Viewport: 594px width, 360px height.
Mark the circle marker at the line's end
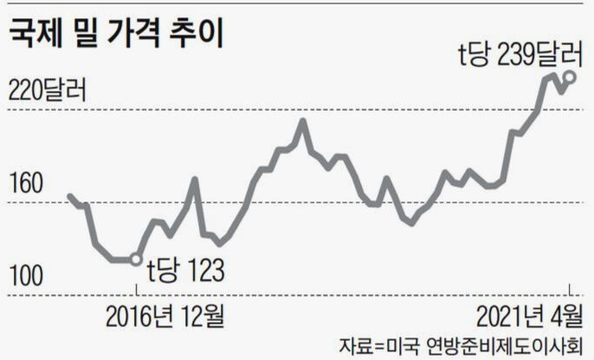click(x=570, y=77)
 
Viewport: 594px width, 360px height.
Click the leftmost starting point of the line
click(x=69, y=196)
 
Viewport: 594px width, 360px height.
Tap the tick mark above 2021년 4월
click(x=570, y=290)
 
